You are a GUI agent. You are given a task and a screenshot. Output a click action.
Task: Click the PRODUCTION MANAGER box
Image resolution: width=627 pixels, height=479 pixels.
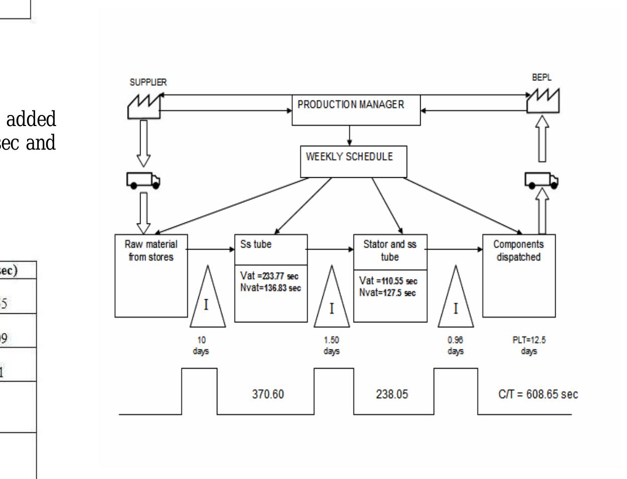[x=356, y=109]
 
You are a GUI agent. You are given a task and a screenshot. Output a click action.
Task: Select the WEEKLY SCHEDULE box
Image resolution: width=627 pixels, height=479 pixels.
[x=353, y=162]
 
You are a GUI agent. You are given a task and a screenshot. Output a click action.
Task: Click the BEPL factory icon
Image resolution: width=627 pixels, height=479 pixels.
[x=543, y=101]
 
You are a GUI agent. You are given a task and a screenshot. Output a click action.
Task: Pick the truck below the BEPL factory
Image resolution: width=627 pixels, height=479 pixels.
[x=542, y=180]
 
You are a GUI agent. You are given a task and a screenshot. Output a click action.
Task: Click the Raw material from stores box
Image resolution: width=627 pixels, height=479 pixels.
[x=151, y=275]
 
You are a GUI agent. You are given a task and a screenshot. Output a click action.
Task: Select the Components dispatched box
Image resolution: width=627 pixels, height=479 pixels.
[x=519, y=275]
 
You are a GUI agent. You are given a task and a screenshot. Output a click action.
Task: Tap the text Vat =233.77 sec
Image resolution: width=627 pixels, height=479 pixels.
[x=270, y=276]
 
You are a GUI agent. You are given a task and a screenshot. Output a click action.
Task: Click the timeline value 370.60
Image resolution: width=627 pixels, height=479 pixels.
[x=268, y=395]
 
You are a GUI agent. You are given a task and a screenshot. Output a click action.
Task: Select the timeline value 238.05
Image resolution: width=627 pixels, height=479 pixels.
[x=392, y=395]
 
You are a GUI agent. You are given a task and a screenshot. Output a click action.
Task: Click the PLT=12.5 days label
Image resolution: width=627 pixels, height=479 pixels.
[x=529, y=345]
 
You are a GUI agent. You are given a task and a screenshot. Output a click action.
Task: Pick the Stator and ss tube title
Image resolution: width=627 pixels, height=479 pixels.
[x=390, y=251]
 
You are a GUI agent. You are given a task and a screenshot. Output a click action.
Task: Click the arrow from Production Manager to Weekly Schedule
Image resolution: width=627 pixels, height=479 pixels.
[x=350, y=136]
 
